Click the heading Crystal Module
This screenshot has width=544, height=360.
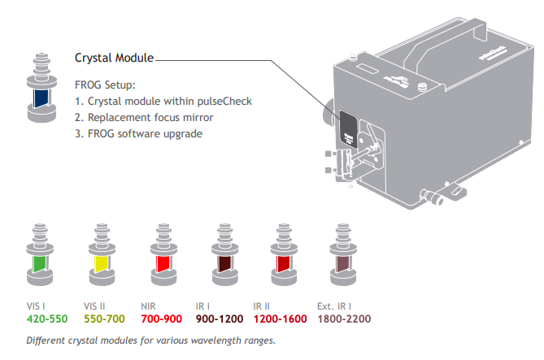pos(113,59)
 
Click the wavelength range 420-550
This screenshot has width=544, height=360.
pos(47,319)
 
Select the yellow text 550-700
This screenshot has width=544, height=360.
pos(105,319)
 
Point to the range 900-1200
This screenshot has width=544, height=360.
pos(221,319)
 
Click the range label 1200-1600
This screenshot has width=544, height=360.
pos(281,319)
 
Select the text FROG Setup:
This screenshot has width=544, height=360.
pos(104,85)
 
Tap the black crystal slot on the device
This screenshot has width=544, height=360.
pos(349,128)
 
